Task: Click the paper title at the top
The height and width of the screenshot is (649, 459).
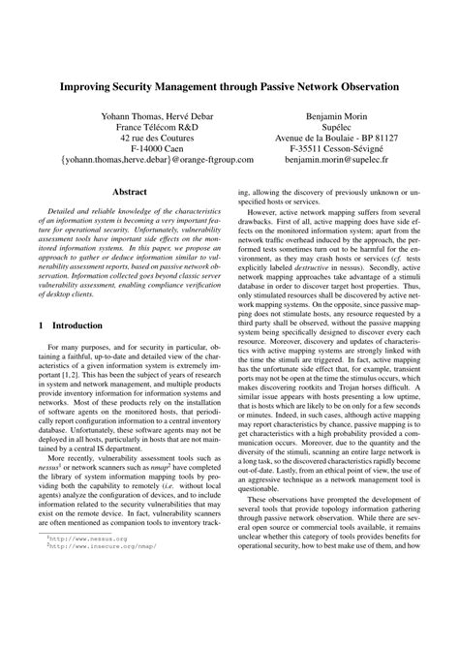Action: [x=229, y=85]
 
